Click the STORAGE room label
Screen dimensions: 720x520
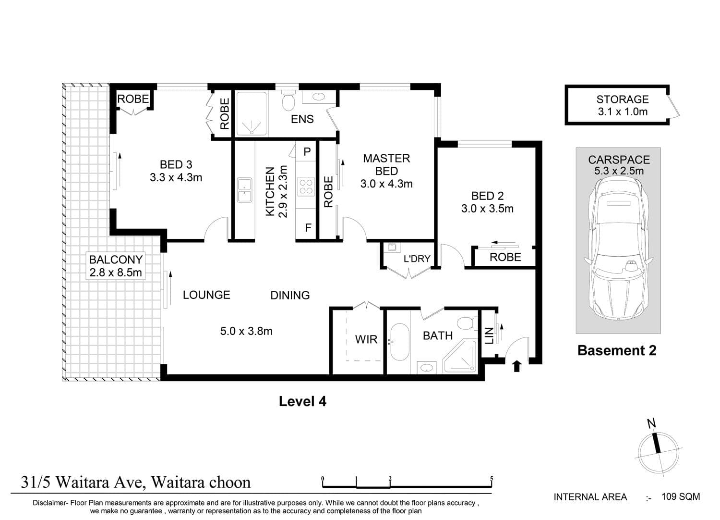click(622, 99)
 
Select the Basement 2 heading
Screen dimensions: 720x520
click(617, 350)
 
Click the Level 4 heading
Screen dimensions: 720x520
click(302, 401)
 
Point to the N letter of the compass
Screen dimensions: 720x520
click(651, 423)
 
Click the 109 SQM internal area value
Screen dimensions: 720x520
click(681, 496)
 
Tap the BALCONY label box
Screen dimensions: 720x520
click(116, 266)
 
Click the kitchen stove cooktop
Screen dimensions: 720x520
click(306, 186)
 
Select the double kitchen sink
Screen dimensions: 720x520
click(245, 190)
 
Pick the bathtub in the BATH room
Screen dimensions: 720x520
click(399, 342)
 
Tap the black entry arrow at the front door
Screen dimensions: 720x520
click(516, 366)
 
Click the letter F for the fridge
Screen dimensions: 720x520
click(308, 228)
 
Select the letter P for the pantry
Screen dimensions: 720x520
click(307, 151)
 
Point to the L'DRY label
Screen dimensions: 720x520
click(417, 259)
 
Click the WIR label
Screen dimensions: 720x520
click(366, 339)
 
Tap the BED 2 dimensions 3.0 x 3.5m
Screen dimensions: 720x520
click(487, 209)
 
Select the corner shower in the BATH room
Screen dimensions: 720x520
click(460, 357)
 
